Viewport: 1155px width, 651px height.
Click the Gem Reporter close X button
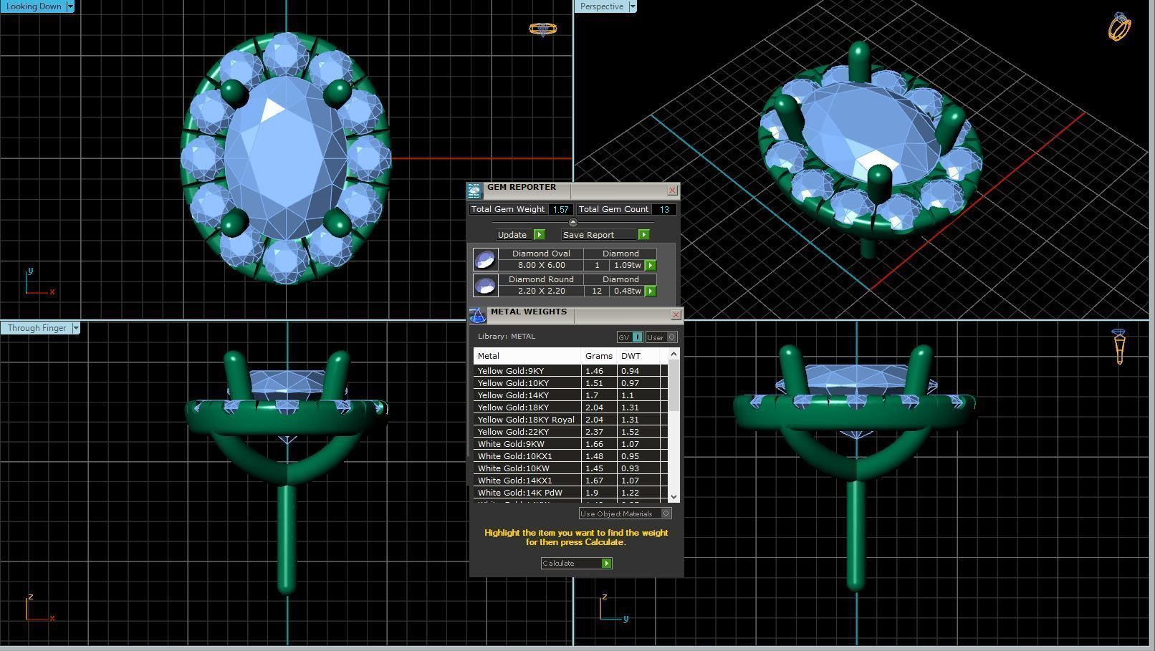coord(672,190)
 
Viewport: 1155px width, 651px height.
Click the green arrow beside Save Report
coord(643,235)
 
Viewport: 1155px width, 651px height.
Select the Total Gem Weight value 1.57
coord(560,210)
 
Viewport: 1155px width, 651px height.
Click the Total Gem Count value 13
coord(664,210)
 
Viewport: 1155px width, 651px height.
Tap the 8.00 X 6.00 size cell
coord(541,265)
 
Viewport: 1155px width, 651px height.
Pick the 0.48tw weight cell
coord(627,291)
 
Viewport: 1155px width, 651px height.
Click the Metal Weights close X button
coord(676,315)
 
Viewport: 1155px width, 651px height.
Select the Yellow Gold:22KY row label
coord(513,432)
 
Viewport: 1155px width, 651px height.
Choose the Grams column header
coord(598,356)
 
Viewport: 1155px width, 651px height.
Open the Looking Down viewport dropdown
coord(70,6)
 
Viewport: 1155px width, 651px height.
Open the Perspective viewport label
coord(601,6)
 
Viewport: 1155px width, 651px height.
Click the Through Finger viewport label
coord(37,328)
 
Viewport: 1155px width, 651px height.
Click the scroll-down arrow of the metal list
coord(674,496)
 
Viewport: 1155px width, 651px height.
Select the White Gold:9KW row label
coord(511,444)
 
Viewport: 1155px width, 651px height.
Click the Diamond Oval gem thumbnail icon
coord(485,259)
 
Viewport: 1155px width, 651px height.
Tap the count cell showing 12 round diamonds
coord(596,291)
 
